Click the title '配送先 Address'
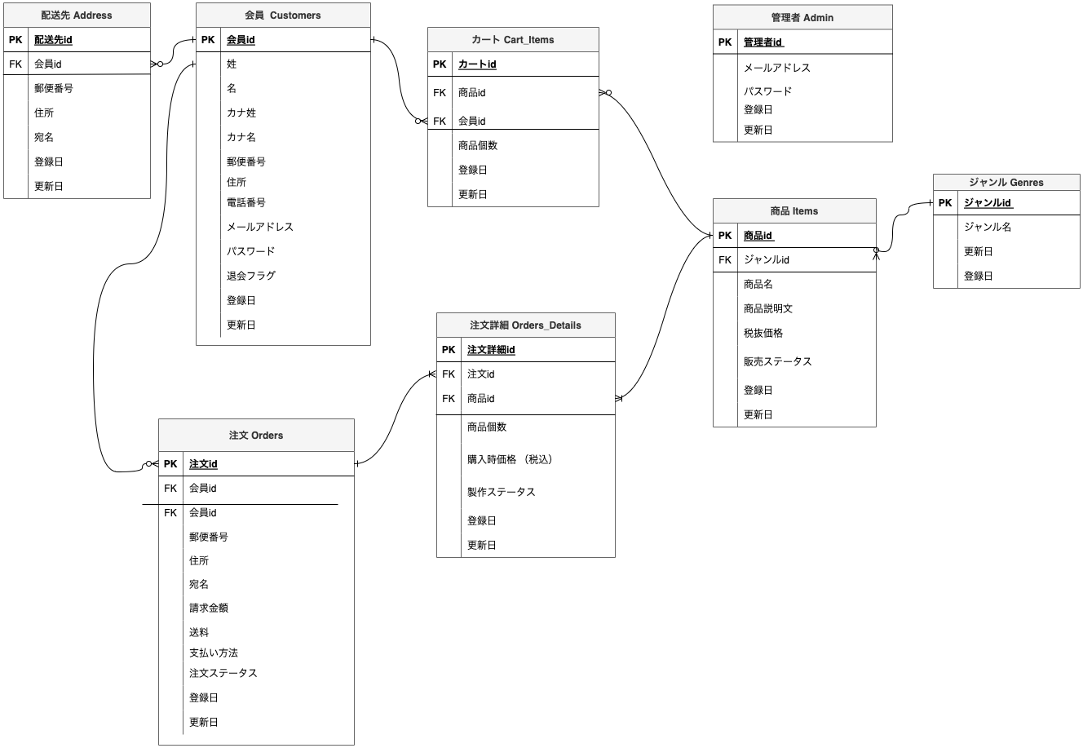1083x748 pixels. click(77, 15)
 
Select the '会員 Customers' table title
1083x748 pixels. click(283, 15)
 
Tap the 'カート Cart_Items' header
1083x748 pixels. click(513, 40)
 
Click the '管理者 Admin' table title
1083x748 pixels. click(802, 17)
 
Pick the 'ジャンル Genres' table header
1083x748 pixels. click(1006, 182)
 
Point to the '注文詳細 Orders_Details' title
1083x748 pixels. click(525, 325)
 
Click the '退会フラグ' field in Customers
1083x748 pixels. click(251, 276)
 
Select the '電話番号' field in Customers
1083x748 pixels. click(246, 202)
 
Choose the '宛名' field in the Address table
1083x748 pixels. click(44, 137)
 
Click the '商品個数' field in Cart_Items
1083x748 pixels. click(478, 145)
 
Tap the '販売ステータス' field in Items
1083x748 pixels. click(777, 361)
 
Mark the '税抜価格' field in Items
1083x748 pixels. click(763, 333)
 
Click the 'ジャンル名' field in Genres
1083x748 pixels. click(988, 227)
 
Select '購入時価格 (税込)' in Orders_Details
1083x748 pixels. click(511, 459)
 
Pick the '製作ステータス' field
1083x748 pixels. click(502, 492)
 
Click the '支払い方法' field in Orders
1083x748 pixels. click(214, 653)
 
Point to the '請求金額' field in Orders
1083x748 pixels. click(209, 608)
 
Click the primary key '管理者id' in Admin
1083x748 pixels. click(763, 42)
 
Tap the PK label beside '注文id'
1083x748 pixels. click(170, 464)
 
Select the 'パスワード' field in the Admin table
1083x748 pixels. click(767, 91)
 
